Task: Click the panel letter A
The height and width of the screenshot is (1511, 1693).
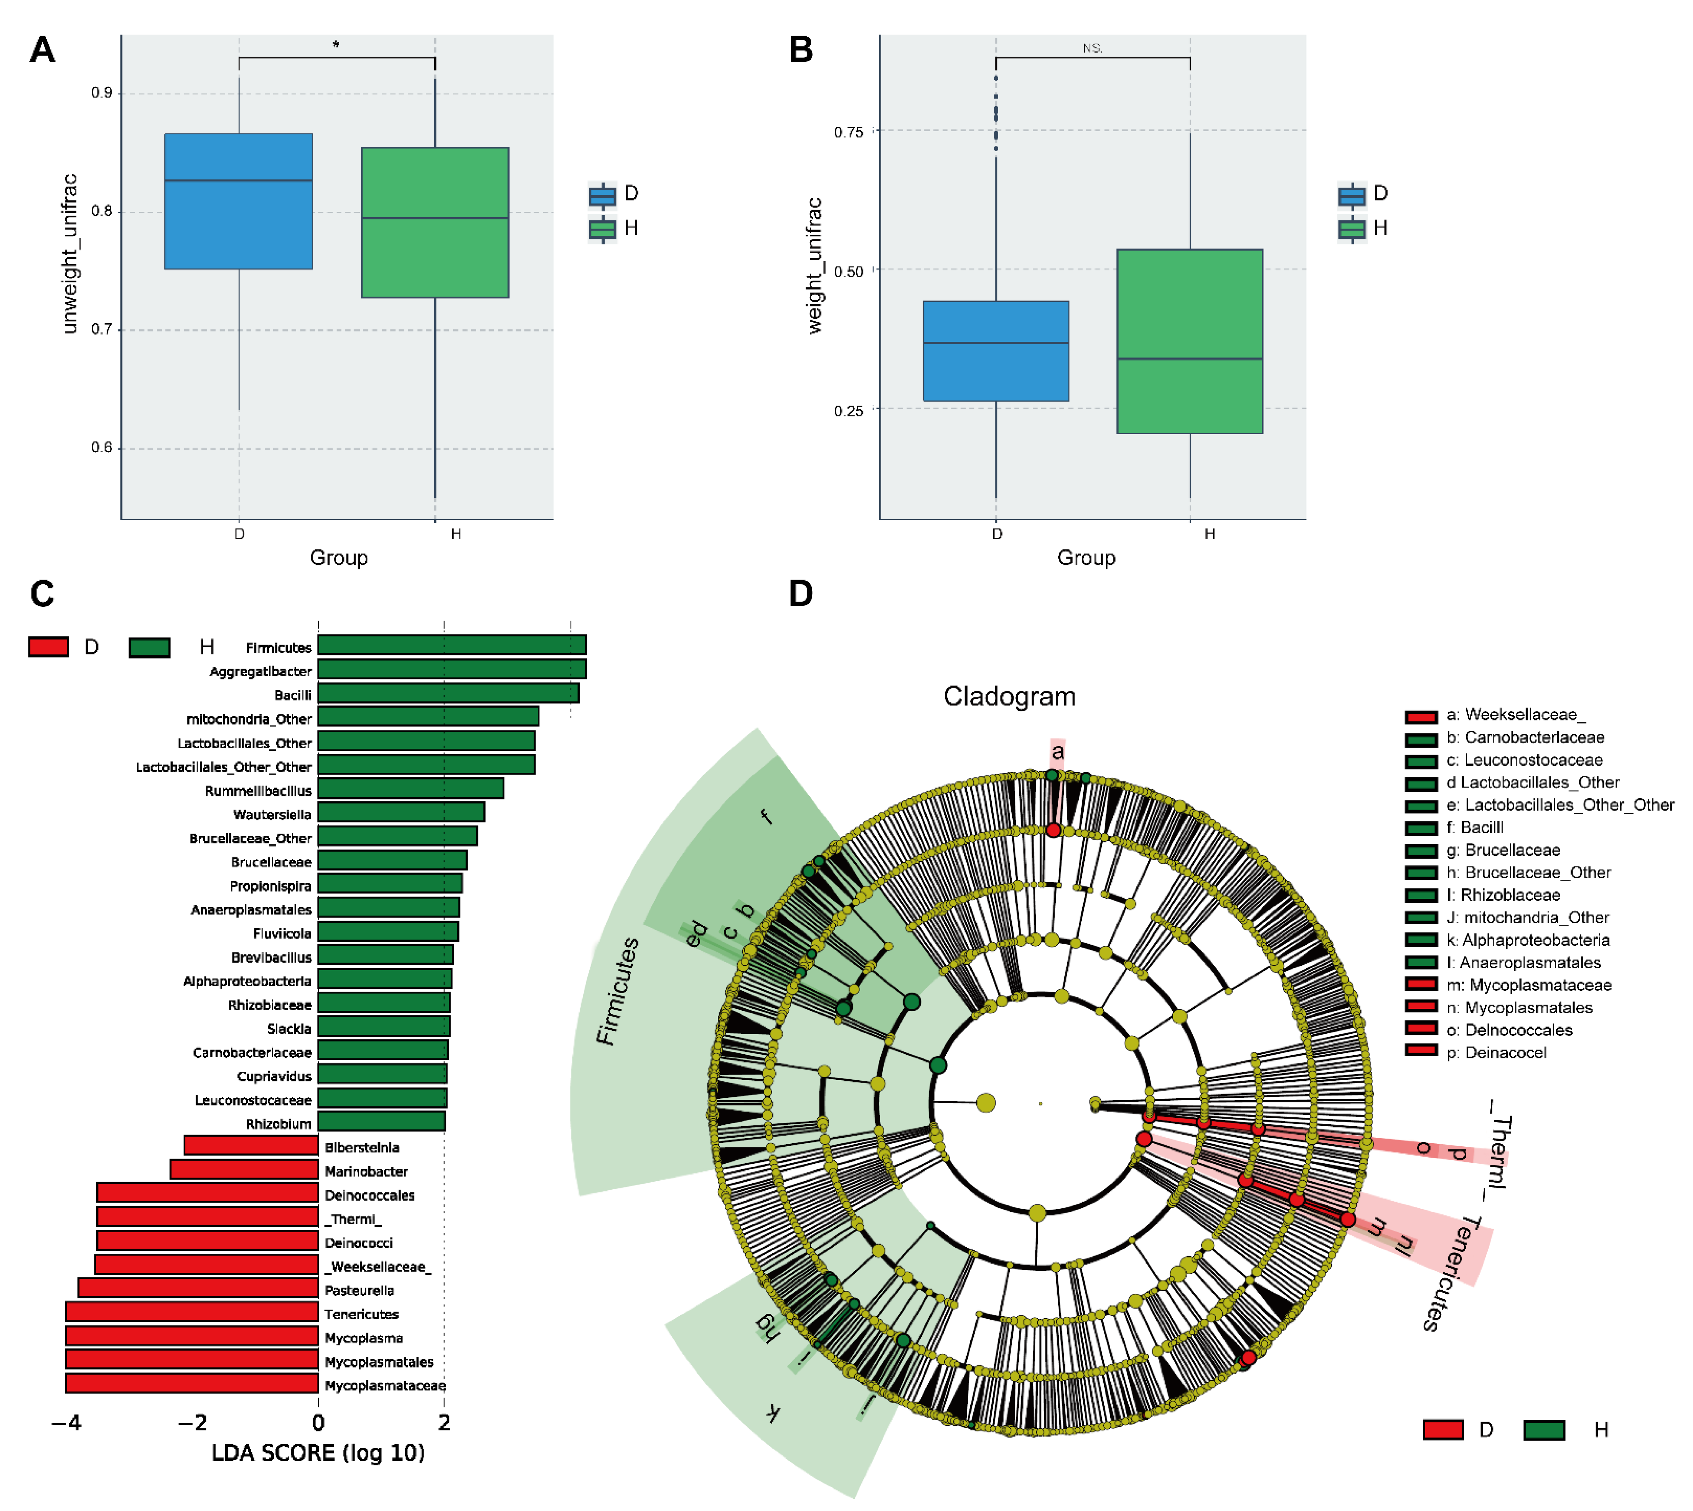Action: (x=42, y=50)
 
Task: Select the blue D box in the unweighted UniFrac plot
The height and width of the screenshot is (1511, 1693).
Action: (x=238, y=201)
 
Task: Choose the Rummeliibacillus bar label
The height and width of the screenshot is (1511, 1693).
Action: (x=258, y=790)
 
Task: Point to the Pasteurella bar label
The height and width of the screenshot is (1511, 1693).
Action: (x=359, y=1290)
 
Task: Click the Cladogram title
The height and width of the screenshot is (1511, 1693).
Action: (x=1009, y=696)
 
